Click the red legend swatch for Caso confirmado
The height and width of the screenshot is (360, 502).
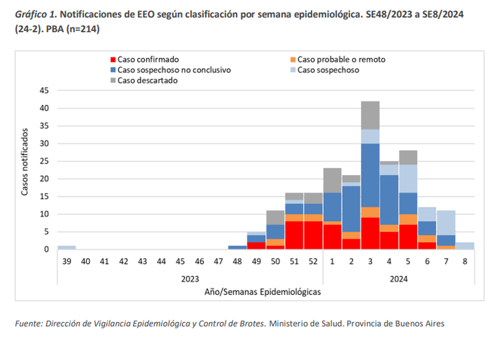[x=113, y=59]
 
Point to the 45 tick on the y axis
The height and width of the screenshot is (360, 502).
[x=45, y=91]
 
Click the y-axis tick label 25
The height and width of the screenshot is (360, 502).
[x=45, y=161]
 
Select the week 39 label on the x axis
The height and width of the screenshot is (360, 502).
[x=67, y=261]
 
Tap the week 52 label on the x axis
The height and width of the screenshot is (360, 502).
[x=314, y=261]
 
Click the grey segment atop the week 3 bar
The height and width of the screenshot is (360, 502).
[x=370, y=115]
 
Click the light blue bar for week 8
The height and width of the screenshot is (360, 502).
[x=465, y=246]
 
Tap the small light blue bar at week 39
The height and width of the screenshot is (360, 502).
[x=67, y=247]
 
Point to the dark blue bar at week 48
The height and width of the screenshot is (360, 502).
[x=237, y=247]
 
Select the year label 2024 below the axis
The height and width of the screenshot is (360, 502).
[x=398, y=278]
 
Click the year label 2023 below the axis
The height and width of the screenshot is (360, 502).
[x=190, y=278]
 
